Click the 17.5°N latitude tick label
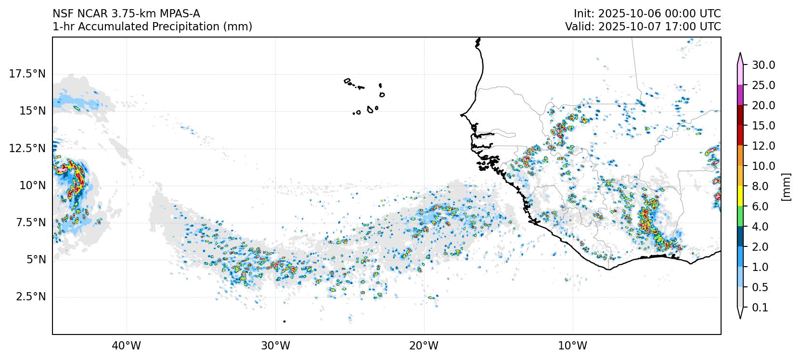27,74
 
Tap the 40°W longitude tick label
127,346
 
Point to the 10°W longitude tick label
573,346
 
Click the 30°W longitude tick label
275,346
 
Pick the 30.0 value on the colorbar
763,65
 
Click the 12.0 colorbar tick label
763,146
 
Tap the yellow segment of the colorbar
740,196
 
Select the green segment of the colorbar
740,217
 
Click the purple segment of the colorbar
740,95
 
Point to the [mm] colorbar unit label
786,186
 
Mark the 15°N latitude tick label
32,111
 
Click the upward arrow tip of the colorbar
740,54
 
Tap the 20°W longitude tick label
424,346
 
